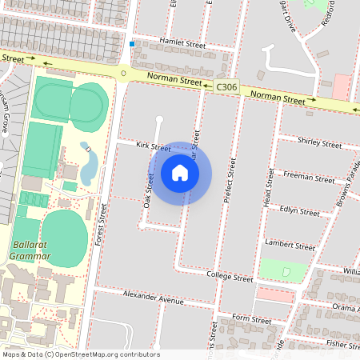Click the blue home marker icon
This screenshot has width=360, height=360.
180,173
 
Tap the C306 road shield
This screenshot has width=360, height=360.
226,86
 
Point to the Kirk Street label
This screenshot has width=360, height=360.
153,147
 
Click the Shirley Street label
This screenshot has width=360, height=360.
319,144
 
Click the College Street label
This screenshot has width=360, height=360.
229,278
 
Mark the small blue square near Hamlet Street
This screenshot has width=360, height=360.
132,44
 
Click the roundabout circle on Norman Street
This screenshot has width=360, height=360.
123,74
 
